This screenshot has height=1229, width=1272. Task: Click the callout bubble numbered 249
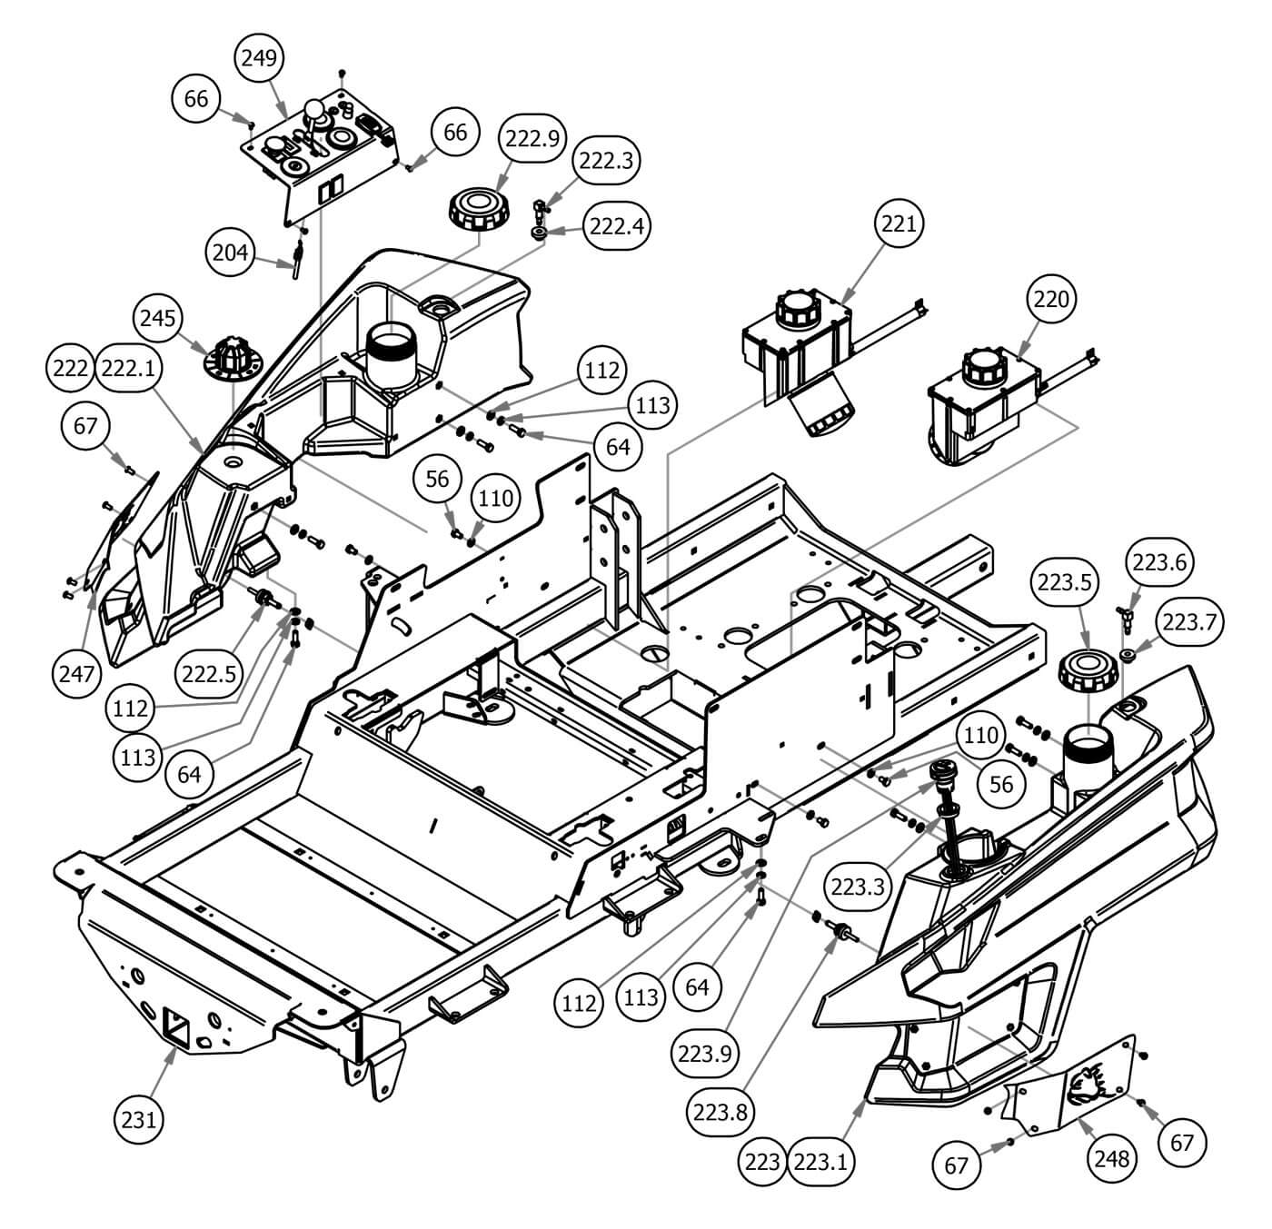261,57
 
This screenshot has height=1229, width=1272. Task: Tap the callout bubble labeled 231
140,1119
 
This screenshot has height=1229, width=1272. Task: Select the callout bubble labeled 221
899,223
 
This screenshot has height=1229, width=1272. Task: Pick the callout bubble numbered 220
1051,298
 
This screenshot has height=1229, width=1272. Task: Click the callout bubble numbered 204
230,252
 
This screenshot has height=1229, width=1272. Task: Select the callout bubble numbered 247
76,673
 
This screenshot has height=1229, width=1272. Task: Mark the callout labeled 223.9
704,1054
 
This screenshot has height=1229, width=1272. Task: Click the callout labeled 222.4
617,224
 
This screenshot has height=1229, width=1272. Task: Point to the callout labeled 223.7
1192,621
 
